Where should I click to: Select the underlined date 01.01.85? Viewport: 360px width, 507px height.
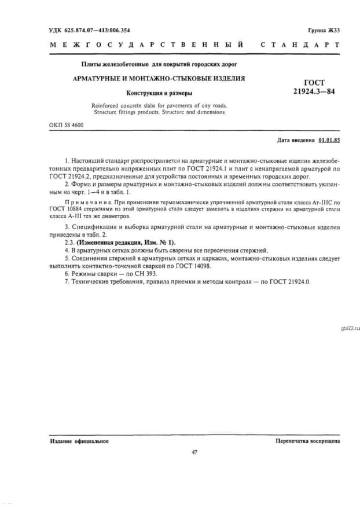pos(328,141)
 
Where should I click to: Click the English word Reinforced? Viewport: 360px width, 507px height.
pos(105,106)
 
